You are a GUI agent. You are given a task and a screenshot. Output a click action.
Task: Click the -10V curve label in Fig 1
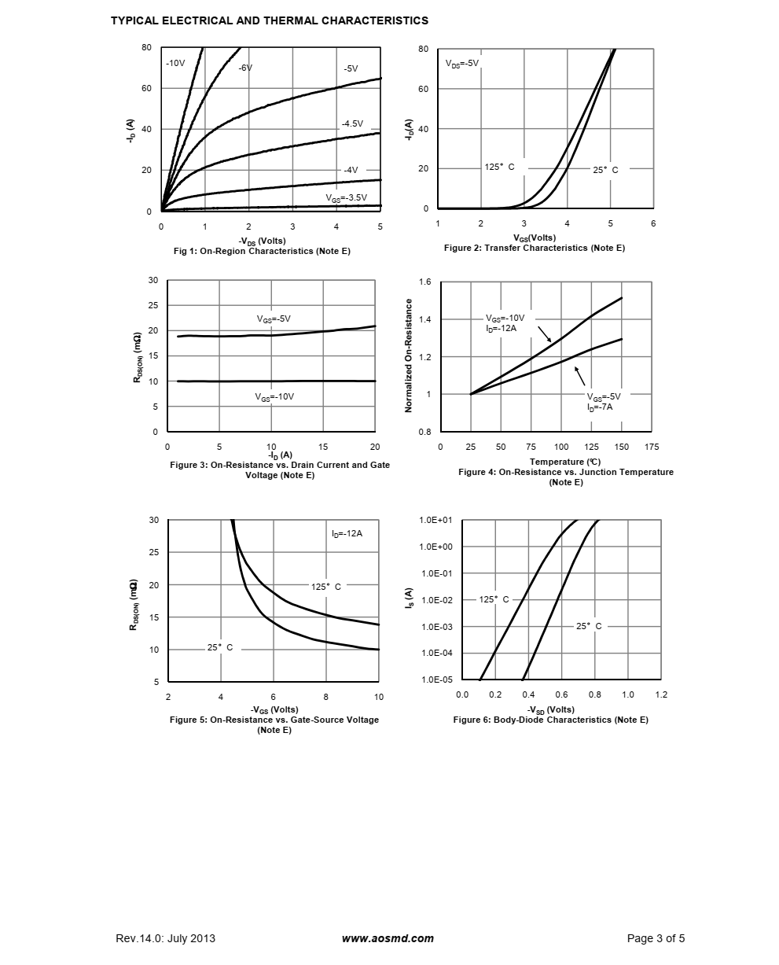(175, 63)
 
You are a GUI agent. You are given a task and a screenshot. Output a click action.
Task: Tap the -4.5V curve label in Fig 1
(352, 123)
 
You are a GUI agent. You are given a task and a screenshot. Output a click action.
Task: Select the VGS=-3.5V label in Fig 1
(346, 197)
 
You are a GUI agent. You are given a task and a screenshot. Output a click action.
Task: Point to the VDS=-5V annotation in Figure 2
(461, 63)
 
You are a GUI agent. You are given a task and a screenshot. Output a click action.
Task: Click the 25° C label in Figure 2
(605, 170)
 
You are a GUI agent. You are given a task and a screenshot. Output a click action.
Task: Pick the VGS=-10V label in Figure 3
(274, 396)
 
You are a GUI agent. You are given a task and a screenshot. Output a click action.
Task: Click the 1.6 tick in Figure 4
(425, 281)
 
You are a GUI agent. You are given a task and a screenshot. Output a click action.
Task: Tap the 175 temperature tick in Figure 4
(652, 447)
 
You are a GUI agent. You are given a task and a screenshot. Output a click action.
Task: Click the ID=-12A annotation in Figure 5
(347, 533)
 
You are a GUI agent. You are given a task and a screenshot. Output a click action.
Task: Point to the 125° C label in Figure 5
(326, 587)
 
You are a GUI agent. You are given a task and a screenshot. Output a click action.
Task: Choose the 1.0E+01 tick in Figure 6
(435, 521)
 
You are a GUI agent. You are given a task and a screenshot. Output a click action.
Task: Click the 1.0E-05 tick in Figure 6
(435, 680)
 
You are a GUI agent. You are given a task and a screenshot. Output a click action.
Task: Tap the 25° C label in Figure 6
(589, 627)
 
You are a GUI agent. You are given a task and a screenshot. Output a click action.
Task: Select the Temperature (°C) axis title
(565, 462)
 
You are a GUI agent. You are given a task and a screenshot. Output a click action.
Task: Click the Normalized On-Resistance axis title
(409, 355)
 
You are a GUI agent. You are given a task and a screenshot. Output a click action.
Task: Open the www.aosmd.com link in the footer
(388, 938)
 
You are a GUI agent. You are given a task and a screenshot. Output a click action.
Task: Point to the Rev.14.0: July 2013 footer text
(165, 938)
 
